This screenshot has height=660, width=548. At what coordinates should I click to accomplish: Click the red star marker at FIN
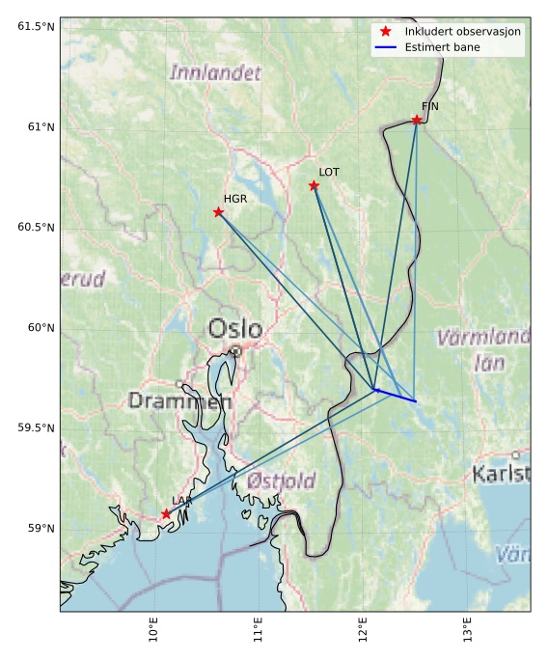point(417,120)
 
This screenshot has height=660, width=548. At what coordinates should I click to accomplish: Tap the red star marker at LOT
point(314,185)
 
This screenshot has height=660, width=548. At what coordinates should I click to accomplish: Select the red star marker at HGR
point(218,211)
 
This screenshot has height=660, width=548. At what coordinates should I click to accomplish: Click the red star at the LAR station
point(166,514)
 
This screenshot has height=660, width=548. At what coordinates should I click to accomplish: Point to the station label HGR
point(235,198)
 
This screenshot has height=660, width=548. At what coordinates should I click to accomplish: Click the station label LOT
point(329,172)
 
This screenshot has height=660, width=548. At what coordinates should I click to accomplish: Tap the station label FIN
point(430,106)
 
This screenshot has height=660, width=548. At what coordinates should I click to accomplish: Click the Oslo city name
point(235,329)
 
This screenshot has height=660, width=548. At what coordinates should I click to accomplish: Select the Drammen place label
point(179,400)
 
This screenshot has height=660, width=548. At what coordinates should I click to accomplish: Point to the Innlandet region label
point(215,72)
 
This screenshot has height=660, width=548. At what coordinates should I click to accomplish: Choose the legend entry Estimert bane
point(443,47)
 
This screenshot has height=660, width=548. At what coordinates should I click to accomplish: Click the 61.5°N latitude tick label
point(36,26)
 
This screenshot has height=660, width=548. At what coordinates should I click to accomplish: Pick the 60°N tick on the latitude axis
point(40,327)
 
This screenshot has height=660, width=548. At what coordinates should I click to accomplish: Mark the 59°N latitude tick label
point(40,528)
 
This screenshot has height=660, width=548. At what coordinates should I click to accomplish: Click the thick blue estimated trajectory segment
point(396,396)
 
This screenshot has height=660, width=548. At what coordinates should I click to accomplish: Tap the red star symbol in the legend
point(385,32)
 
